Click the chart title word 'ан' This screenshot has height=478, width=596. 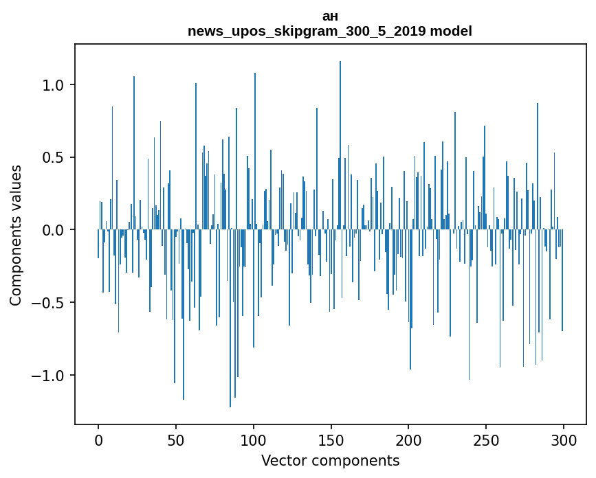330,16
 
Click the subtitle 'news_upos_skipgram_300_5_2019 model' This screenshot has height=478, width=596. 330,31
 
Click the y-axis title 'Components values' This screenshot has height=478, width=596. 16,235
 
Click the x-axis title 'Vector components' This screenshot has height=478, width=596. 330,460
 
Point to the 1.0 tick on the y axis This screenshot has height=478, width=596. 53,85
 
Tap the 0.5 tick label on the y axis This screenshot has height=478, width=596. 53,157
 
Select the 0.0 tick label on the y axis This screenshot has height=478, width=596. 53,230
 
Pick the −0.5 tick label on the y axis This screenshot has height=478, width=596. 48,303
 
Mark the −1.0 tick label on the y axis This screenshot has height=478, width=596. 48,376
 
